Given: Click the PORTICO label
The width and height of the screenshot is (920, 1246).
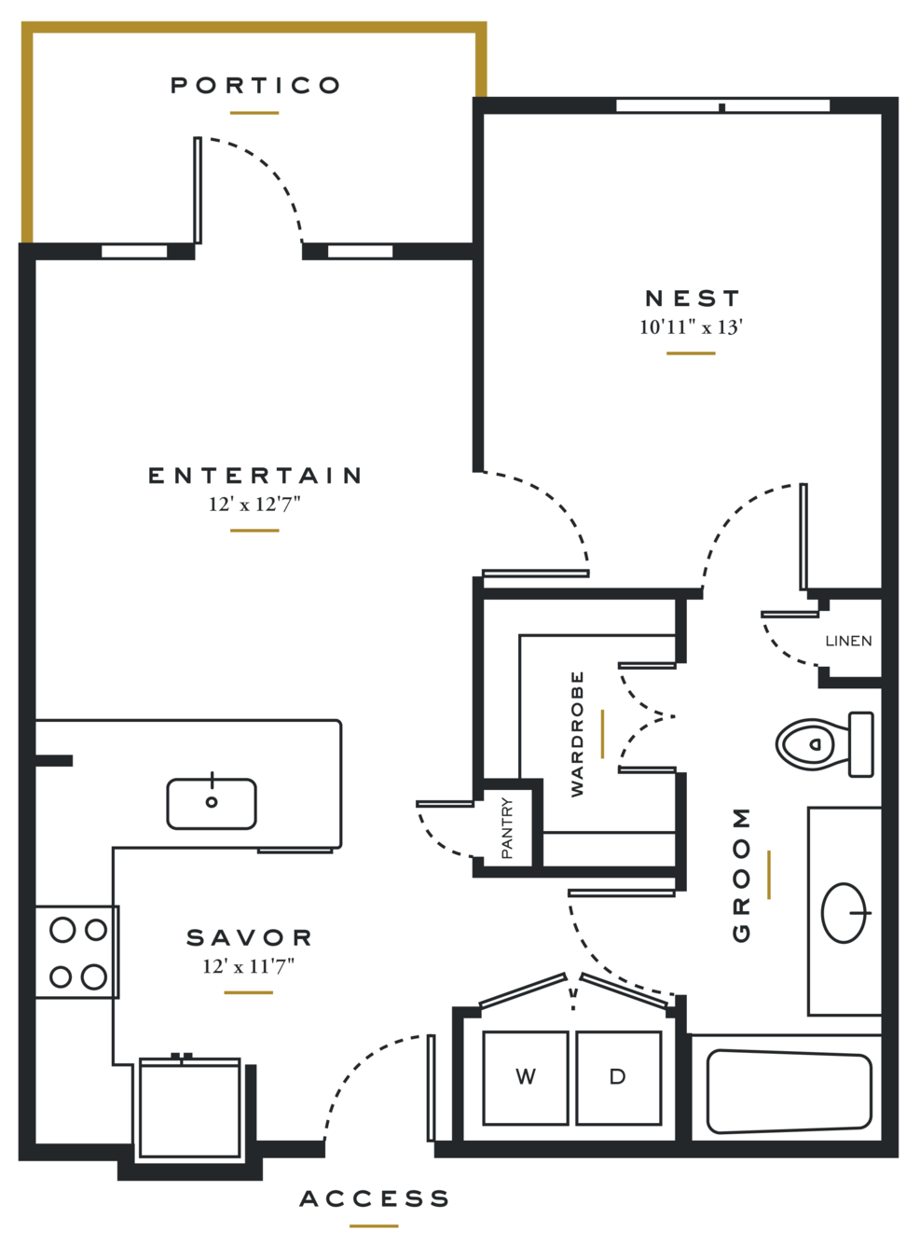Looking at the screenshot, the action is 255,86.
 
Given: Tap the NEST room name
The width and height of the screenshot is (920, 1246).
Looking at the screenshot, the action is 692,298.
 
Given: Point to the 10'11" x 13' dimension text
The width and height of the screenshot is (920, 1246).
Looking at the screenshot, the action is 691,327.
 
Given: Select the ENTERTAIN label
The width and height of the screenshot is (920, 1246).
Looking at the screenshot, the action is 254,476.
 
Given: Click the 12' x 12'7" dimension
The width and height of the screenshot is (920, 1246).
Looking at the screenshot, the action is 254,505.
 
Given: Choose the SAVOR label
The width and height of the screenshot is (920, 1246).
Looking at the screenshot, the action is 249,937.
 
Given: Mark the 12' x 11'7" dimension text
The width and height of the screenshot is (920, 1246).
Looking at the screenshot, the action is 248,966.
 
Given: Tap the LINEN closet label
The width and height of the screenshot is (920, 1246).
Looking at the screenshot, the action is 848,641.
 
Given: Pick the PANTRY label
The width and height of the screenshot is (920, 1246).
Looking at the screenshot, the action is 507,827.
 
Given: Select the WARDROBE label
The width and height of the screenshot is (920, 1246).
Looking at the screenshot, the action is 577,733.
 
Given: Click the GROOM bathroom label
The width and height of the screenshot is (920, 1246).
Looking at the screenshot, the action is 741,874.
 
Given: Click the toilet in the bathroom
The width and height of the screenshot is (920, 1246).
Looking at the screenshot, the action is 825,744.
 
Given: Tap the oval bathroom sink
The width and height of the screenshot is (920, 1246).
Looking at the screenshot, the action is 844,912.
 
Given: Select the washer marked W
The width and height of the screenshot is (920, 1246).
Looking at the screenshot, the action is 525,1077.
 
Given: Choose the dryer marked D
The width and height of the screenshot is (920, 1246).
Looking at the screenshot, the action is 618,1077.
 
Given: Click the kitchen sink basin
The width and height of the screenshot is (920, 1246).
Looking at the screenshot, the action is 212,803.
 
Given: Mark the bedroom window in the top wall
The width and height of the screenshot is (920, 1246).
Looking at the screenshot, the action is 723,106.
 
